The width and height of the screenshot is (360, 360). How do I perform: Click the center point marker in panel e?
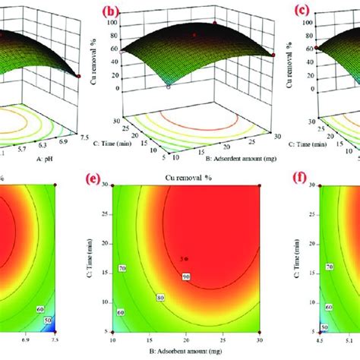pos(185,259)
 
